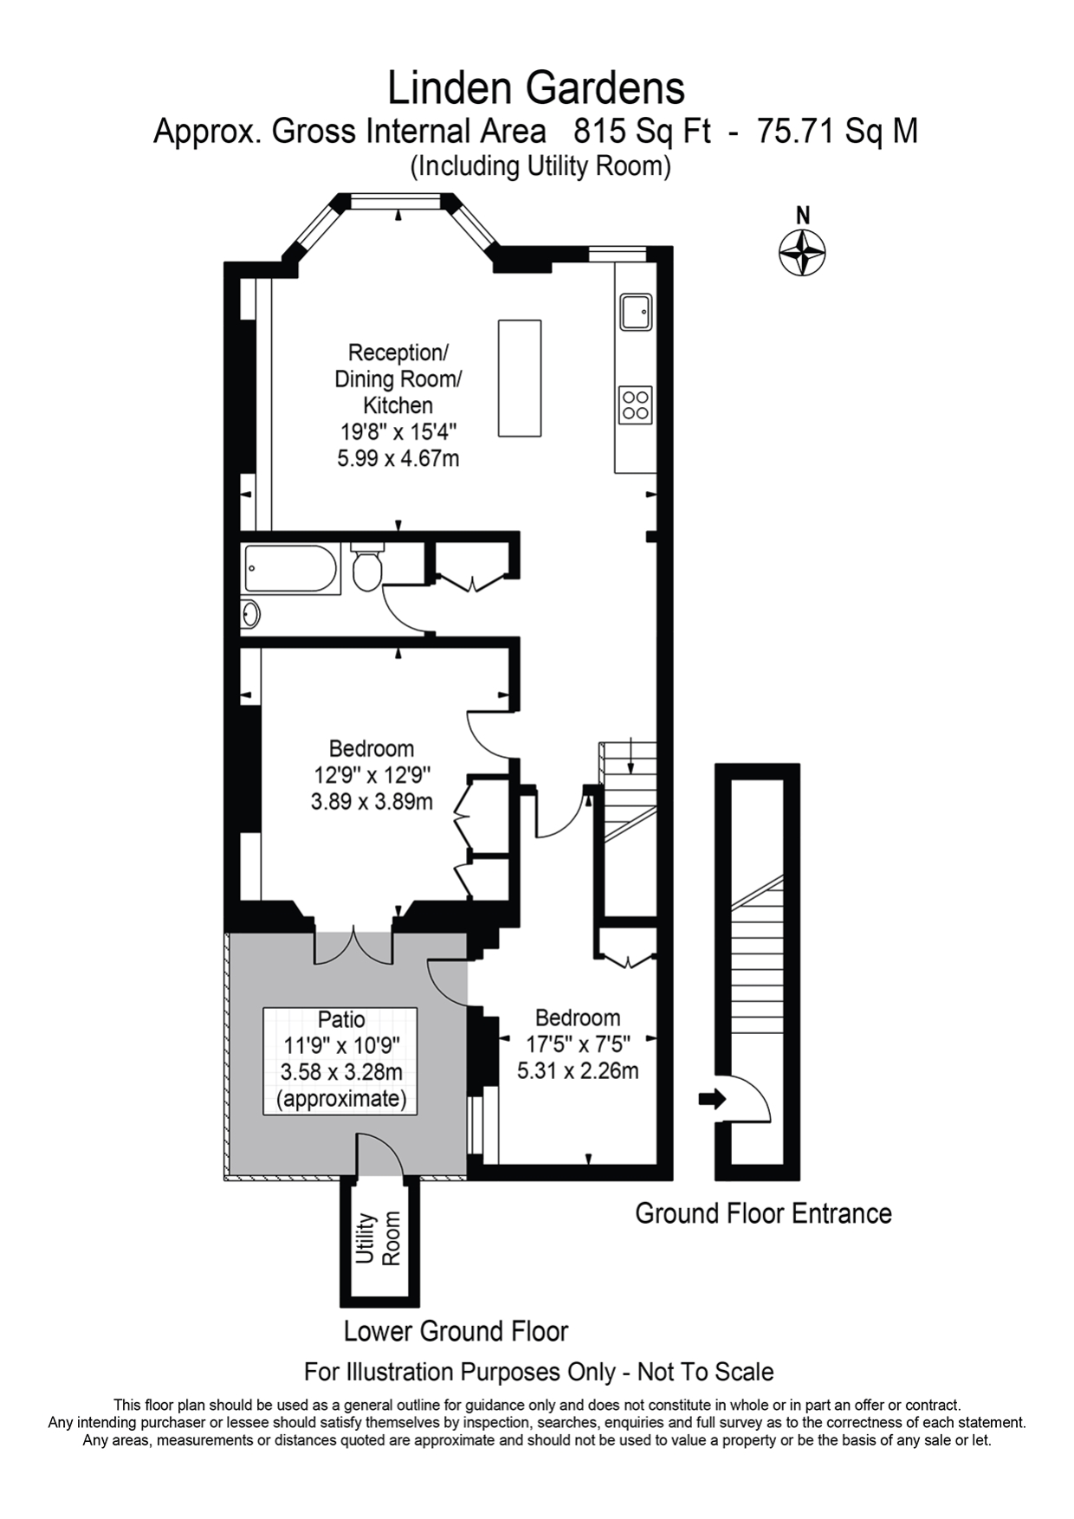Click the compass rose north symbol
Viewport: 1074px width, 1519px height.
802,252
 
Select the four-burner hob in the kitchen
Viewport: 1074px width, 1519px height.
636,404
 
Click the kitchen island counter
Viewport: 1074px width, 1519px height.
520,378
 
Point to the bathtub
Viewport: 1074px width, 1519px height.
290,568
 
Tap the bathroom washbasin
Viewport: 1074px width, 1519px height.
250,614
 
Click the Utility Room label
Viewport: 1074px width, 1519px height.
379,1238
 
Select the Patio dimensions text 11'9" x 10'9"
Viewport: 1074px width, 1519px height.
341,1045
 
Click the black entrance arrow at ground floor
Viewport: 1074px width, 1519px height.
712,1099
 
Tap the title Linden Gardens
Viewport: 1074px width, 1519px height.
536,88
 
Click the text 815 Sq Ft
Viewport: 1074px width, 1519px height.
642,132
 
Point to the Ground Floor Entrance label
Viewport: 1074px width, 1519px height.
763,1213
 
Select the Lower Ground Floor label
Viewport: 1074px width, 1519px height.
456,1331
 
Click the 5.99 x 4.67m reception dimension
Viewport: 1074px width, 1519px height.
398,457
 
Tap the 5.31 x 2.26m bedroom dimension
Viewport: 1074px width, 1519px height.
578,1071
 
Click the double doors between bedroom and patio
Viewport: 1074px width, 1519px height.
353,946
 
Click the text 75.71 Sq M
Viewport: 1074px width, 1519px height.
838,132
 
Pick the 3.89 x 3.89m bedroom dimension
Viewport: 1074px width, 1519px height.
372,801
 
